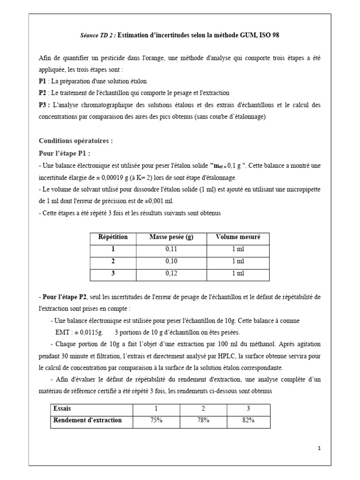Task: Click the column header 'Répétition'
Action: [112, 237]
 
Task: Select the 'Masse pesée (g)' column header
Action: [171, 237]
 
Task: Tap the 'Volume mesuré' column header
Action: [238, 237]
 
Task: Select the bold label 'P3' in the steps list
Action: [43, 105]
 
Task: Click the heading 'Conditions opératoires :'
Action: [75, 141]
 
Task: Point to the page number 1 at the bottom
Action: [319, 449]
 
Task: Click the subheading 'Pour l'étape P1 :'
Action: [65, 153]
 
